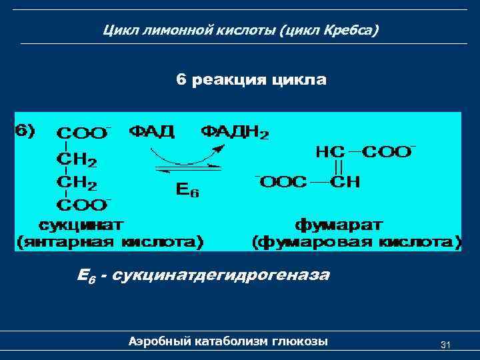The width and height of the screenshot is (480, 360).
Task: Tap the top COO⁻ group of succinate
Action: click(x=83, y=133)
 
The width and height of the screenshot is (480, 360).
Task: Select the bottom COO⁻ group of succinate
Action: click(x=83, y=203)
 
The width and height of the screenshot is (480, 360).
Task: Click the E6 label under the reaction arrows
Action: click(x=187, y=190)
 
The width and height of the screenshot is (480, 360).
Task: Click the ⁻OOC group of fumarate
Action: click(x=281, y=181)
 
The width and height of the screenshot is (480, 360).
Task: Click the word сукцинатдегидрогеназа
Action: click(x=222, y=275)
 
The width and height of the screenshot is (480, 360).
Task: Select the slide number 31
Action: click(x=446, y=344)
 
